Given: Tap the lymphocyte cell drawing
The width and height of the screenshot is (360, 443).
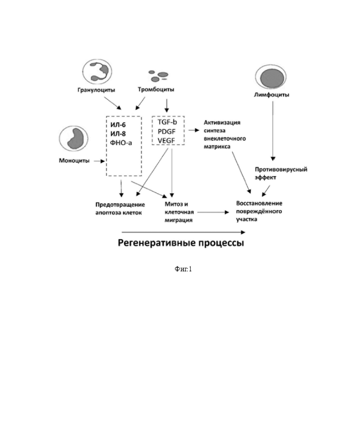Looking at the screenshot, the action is [270, 77].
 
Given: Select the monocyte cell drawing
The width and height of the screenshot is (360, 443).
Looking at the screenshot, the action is [74, 139].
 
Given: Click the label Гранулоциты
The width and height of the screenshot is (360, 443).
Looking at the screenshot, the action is [96, 90].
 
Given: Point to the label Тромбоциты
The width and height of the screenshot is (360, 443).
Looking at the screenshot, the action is [156, 90].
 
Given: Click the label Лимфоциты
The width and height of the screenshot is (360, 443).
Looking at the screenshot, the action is [271, 95].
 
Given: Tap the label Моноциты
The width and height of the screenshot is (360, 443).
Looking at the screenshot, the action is [74, 160].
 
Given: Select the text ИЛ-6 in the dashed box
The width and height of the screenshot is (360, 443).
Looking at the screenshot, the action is [118, 125].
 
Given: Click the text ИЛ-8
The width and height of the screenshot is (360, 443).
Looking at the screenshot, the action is [118, 134].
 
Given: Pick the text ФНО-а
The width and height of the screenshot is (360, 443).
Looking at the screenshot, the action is [121, 143].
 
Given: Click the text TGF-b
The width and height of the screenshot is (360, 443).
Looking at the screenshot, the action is [167, 122].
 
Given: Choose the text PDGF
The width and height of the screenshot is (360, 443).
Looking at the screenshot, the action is [167, 131].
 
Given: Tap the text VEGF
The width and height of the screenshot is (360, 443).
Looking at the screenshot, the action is [166, 140].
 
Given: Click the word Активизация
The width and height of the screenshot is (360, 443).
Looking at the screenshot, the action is [222, 122].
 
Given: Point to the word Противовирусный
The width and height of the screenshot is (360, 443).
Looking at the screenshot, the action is [281, 170].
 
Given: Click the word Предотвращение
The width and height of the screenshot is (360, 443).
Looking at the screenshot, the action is [120, 205].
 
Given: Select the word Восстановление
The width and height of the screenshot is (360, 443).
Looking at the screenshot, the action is [259, 203].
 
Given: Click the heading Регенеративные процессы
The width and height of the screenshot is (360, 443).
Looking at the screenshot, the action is [181, 243].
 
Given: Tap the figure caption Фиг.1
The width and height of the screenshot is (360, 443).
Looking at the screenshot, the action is [183, 269].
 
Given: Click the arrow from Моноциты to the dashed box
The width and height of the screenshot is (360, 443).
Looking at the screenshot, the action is [99, 161].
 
